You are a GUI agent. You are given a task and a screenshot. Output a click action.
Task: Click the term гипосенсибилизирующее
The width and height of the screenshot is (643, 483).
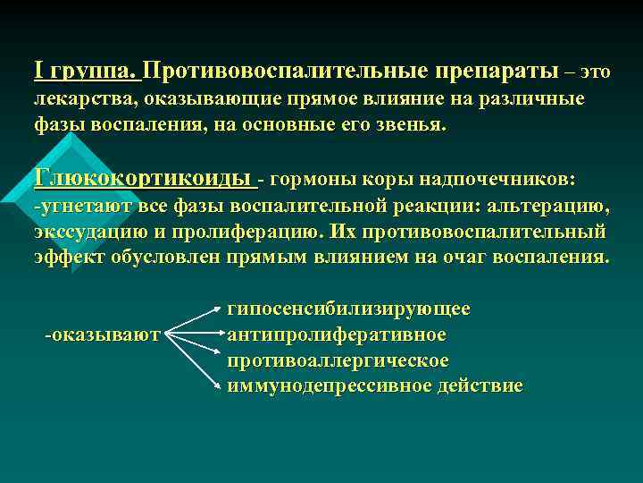[348, 309]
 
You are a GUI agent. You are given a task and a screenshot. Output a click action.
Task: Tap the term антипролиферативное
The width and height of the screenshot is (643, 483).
[337, 335]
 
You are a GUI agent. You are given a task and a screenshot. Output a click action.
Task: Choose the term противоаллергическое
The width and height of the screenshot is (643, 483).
[338, 360]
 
